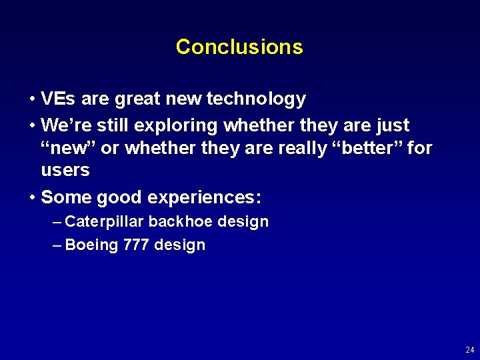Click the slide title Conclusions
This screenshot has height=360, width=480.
(x=239, y=47)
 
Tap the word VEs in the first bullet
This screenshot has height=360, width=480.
(x=57, y=99)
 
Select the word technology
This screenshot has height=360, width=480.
(x=256, y=100)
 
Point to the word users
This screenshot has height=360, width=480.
(x=65, y=170)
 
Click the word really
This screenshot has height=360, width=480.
(x=299, y=148)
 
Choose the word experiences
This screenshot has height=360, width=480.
(x=204, y=198)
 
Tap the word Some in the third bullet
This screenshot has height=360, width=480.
(x=66, y=197)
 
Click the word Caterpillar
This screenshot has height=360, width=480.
(x=105, y=222)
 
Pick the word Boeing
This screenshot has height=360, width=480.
(x=92, y=245)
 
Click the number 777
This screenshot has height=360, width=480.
(x=136, y=245)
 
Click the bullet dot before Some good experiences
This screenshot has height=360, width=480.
(x=32, y=198)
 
